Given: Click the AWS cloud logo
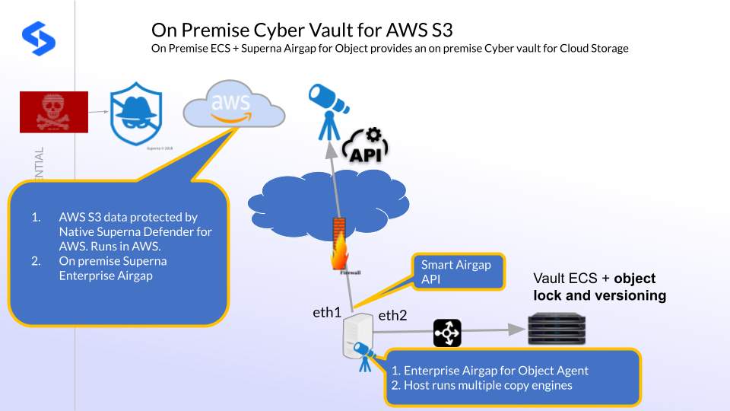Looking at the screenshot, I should point(233,107).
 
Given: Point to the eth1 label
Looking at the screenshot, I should point(327,313).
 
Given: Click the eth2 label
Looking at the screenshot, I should point(394,317).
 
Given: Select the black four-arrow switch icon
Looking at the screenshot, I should point(447,333).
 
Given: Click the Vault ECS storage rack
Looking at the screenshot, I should point(560,330).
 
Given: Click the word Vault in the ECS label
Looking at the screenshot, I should point(549,279).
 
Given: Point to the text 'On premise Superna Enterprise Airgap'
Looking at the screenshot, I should point(113,268).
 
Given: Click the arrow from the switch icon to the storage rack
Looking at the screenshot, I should point(487,331).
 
